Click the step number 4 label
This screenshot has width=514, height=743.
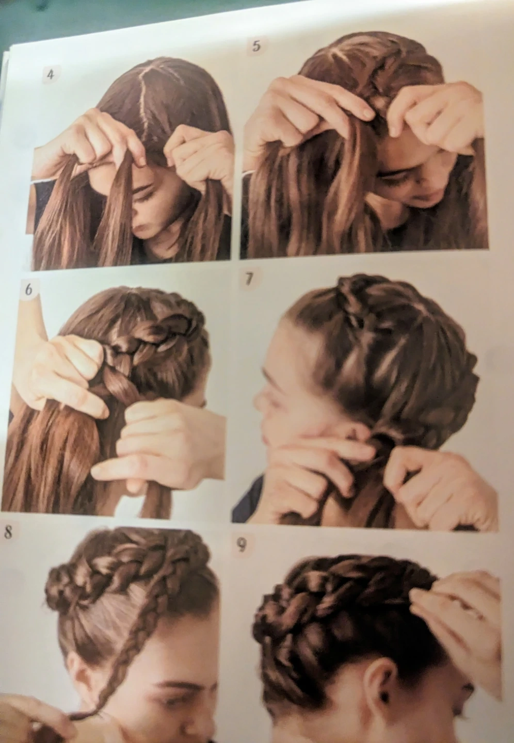(x=50, y=75)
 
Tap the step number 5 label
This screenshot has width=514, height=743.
(x=256, y=46)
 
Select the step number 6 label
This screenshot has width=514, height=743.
(x=28, y=289)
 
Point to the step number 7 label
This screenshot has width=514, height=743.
(x=249, y=280)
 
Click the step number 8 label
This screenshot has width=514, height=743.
(x=8, y=532)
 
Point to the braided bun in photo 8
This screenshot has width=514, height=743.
(x=67, y=584)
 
